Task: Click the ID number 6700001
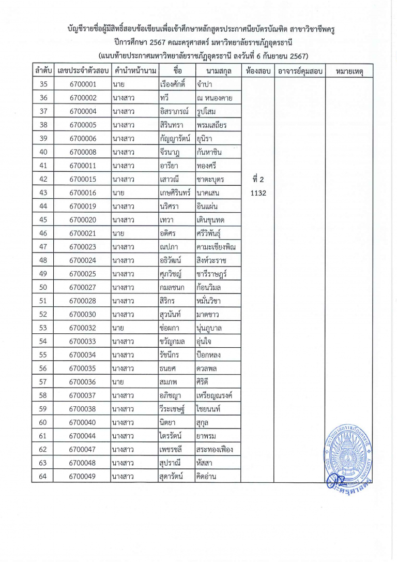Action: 83,84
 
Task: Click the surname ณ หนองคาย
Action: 217,98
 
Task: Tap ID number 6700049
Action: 83,477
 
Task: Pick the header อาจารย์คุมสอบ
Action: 299,70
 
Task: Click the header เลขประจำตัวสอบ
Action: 83,70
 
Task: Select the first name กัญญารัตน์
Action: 176,138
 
